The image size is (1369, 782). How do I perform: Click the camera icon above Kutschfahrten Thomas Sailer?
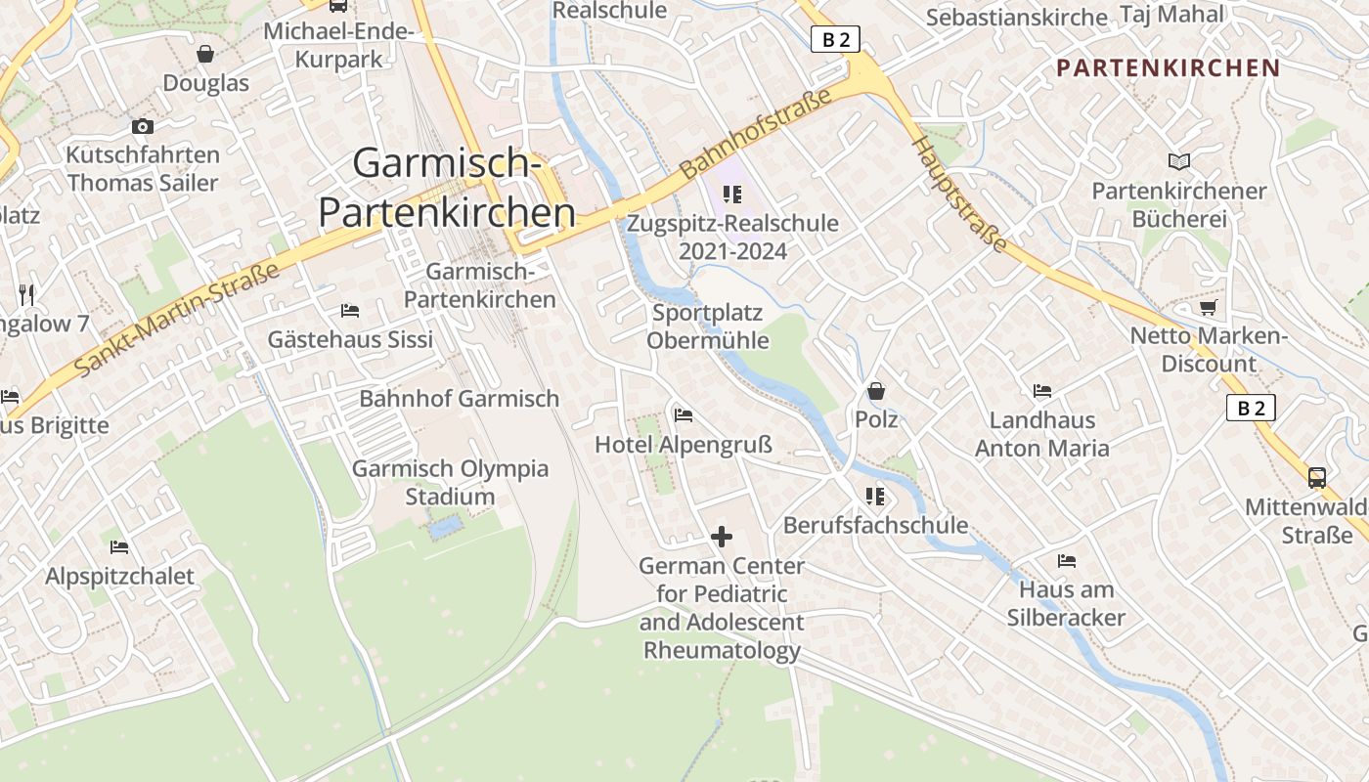(143, 126)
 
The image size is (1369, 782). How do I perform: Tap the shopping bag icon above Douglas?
(205, 54)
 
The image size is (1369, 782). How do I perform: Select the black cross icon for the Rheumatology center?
(722, 537)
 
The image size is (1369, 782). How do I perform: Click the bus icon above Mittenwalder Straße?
(1317, 478)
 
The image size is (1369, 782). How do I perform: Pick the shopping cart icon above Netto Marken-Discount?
(1209, 308)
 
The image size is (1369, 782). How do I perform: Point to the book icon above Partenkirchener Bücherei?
(1179, 162)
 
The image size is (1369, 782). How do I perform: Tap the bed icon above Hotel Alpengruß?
(684, 415)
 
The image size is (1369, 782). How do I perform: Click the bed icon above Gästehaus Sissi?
(350, 311)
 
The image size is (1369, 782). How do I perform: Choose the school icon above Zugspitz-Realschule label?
(732, 195)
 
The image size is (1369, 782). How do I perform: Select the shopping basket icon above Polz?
(876, 391)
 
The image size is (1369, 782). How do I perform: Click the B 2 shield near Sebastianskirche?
(835, 39)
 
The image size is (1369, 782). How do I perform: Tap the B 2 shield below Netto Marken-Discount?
(1251, 408)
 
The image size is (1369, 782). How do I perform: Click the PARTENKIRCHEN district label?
(1168, 67)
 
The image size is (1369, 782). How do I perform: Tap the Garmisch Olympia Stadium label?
(450, 482)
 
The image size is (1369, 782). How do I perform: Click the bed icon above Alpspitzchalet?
(119, 547)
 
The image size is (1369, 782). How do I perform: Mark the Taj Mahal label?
(1171, 14)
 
